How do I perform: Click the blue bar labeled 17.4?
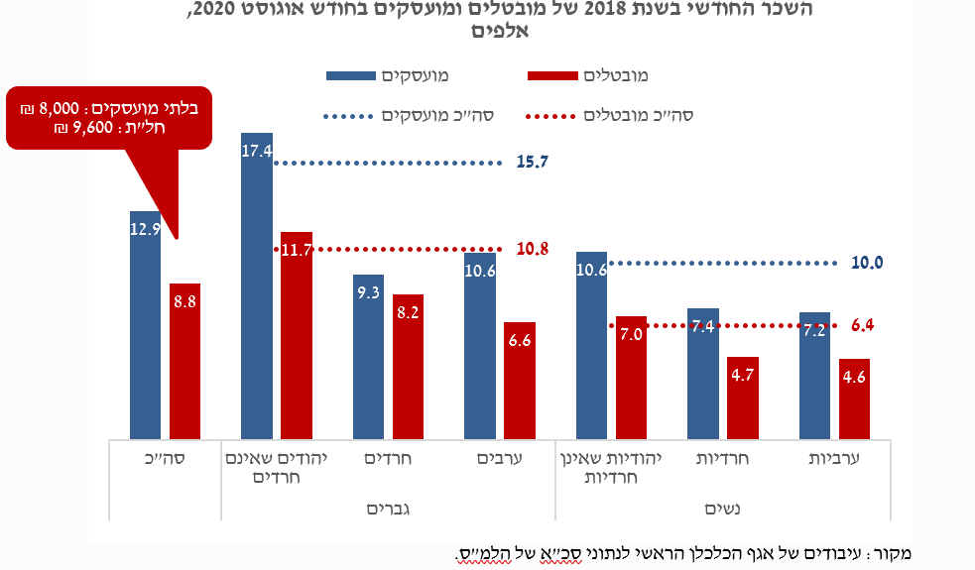[x=256, y=287]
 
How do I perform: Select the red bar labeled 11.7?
[x=296, y=337]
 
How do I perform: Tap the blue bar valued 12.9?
[x=145, y=327]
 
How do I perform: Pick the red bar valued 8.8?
[x=184, y=362]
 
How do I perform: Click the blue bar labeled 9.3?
[x=368, y=357]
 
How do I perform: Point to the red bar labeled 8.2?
[x=408, y=367]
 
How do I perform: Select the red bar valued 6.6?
[x=519, y=382]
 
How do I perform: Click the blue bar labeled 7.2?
[x=814, y=377]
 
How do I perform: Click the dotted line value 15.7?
[x=533, y=162]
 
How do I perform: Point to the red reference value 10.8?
[x=533, y=249]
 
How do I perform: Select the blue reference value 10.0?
[x=867, y=263]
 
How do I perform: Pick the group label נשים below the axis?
[x=723, y=509]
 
